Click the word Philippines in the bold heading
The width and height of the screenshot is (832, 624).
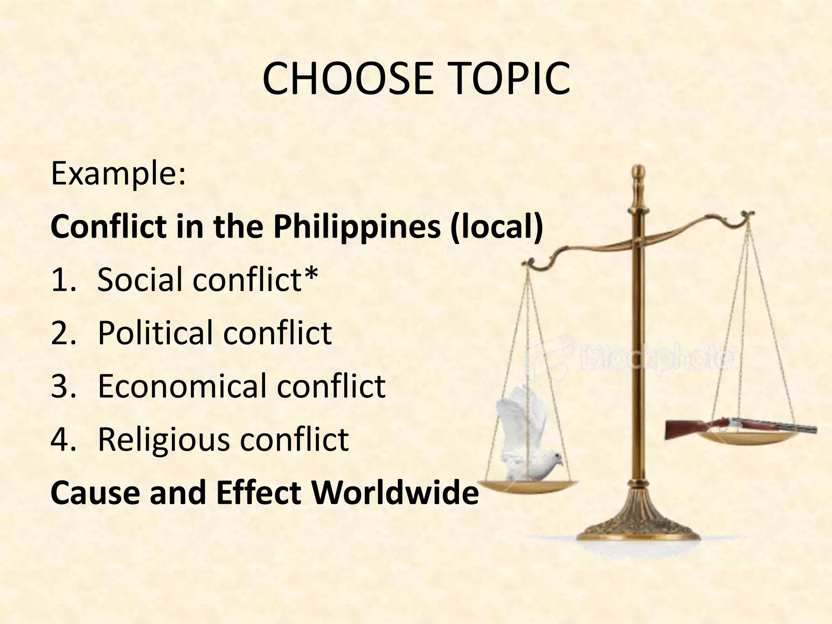(357, 226)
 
